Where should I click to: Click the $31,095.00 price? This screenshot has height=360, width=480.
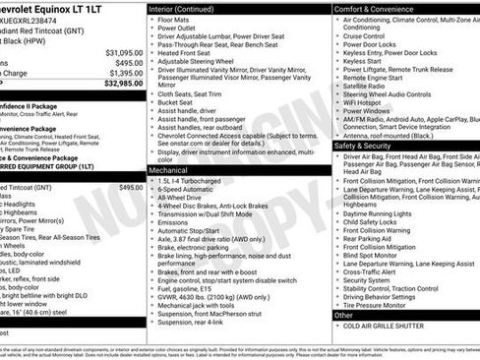tap(124, 51)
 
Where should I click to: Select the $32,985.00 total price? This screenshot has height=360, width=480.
tap(124, 84)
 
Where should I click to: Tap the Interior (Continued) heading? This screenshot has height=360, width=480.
tap(190, 8)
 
